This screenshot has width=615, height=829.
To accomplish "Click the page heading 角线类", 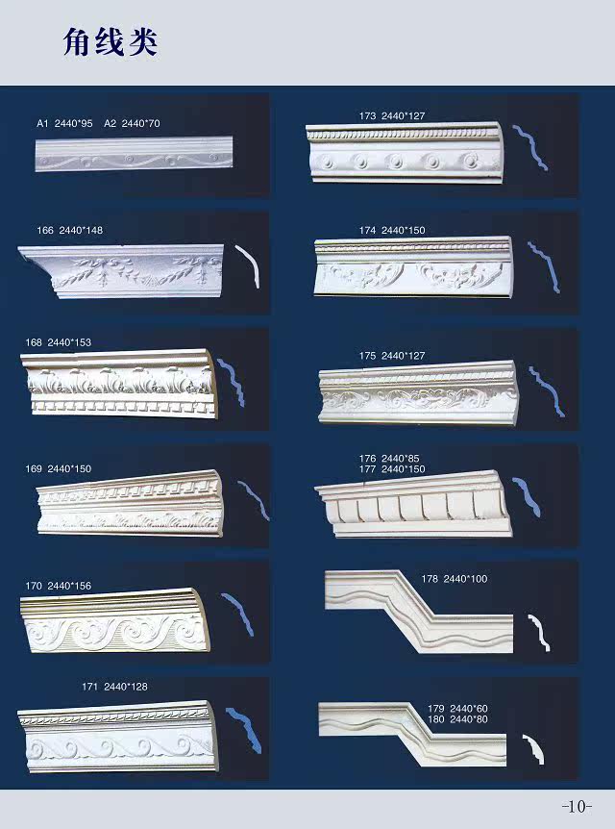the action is [x=110, y=42].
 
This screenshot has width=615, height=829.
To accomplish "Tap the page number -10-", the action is [x=577, y=805].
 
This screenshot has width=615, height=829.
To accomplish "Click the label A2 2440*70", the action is [x=132, y=124].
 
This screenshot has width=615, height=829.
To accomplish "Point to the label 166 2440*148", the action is [x=69, y=230].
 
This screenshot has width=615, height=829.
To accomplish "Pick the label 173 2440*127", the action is [x=391, y=115].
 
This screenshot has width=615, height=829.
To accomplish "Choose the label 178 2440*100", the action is [x=455, y=579].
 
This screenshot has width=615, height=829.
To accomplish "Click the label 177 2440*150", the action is [x=392, y=468].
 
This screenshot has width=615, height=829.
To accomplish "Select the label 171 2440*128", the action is [x=114, y=687].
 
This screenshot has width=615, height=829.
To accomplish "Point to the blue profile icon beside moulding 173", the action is [x=529, y=147].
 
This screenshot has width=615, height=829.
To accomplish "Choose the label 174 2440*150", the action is [x=391, y=231].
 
